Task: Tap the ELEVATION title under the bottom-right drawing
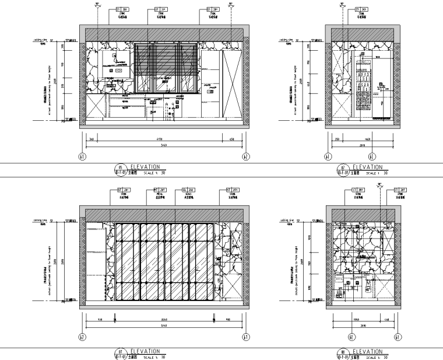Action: click(x=367, y=351)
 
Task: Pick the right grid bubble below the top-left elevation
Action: click(x=245, y=156)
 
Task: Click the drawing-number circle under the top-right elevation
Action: click(x=341, y=170)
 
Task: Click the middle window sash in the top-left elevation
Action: click(x=165, y=67)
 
